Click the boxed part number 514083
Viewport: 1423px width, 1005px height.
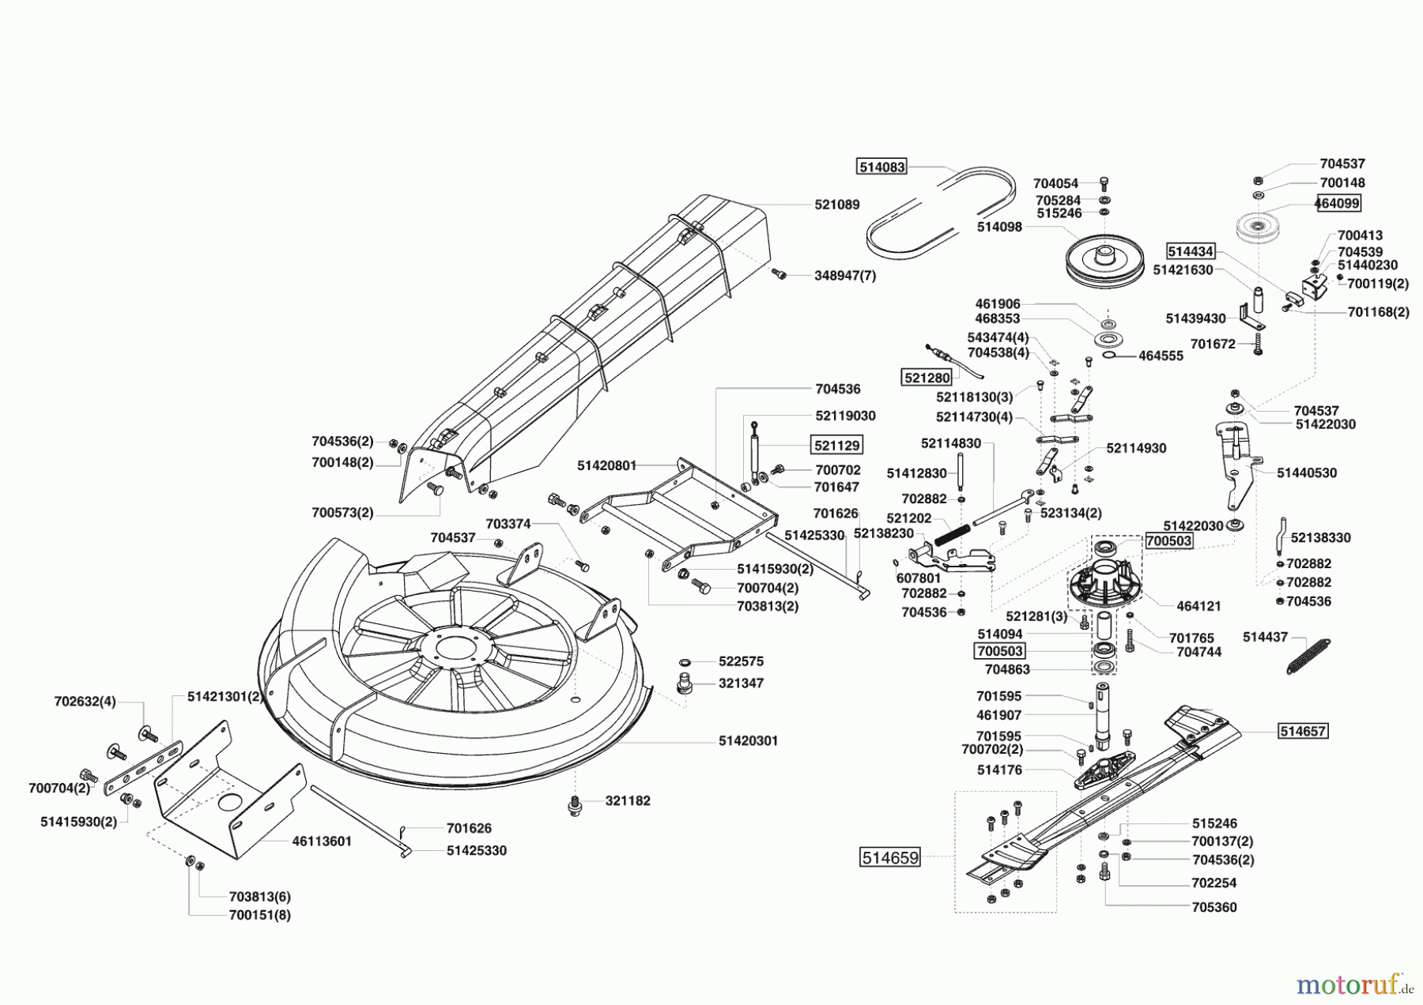[x=881, y=167]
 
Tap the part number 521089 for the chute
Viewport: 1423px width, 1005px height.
[x=837, y=205]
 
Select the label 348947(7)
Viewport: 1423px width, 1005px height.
[x=845, y=276]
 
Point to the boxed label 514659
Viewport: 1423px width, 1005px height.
[x=890, y=857]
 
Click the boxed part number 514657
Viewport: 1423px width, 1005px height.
[x=1303, y=731]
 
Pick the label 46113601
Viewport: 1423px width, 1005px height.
[x=322, y=841]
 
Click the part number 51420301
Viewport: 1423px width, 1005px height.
[x=748, y=741]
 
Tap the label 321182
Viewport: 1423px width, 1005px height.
[x=628, y=800]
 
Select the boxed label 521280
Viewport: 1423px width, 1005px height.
[x=927, y=378]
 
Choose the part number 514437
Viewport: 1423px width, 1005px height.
[x=1265, y=637]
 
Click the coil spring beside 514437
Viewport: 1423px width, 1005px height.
[x=1308, y=656]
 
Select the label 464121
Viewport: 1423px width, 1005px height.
[x=1198, y=606]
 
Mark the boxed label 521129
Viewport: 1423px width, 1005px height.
[x=837, y=445]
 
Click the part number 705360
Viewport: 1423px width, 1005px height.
[x=1214, y=907]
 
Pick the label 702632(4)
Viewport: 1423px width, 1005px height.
[x=85, y=701]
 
